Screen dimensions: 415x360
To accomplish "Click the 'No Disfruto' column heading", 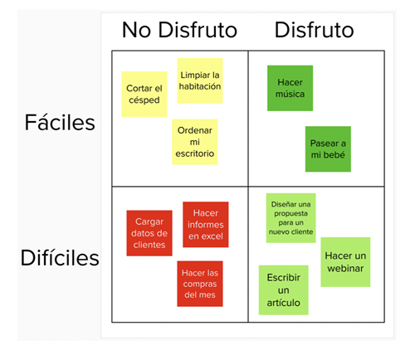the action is point(179,30).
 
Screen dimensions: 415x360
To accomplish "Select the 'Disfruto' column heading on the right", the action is point(314,30).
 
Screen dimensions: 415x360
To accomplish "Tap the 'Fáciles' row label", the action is point(60,122).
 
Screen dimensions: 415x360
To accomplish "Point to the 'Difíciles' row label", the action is point(60,257).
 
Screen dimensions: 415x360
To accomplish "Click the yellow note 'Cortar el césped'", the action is point(144,95).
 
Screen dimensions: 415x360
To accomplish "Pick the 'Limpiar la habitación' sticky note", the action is point(200,80).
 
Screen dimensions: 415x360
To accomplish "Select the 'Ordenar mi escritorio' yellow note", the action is point(195,142).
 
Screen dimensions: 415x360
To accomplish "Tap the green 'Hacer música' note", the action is point(290,88).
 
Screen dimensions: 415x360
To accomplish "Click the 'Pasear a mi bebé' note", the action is point(328,149).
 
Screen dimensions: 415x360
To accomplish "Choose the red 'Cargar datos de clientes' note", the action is point(149,233).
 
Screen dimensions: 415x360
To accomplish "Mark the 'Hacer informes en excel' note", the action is point(206,225).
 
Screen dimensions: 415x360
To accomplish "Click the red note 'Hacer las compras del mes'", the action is point(200,284).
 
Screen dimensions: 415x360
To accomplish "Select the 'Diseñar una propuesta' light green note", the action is point(290,218).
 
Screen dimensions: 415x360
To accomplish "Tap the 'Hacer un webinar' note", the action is point(345,262).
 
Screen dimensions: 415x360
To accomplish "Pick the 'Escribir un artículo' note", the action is point(283,290).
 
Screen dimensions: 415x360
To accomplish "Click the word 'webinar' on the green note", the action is point(345,268).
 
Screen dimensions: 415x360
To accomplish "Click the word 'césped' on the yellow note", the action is point(144,100).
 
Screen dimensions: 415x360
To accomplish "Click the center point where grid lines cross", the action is point(248,187).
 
